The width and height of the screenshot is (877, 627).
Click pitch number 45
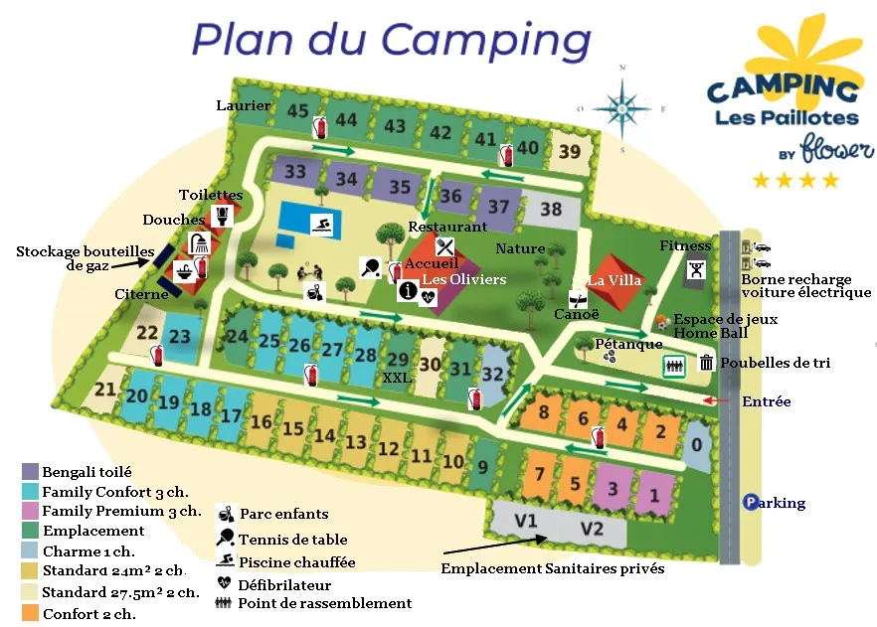click(x=297, y=112)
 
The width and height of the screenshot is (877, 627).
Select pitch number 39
click(x=569, y=152)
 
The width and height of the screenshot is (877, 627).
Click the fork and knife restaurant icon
click(x=444, y=244)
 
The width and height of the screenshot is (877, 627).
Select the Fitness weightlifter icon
click(x=697, y=268)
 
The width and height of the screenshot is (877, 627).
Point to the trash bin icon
click(x=706, y=364)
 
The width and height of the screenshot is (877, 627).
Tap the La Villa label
click(x=615, y=281)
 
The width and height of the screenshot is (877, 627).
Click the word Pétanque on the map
click(x=629, y=344)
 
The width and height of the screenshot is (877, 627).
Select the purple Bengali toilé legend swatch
click(x=30, y=472)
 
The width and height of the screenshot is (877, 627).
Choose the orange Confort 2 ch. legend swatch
click(x=30, y=613)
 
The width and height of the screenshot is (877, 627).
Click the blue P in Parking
click(x=752, y=503)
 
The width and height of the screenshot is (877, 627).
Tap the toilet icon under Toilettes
click(x=224, y=215)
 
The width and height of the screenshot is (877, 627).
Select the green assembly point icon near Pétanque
click(x=675, y=367)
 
